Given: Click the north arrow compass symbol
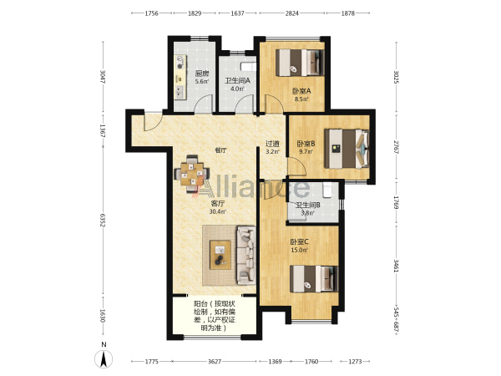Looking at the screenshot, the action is tap(104, 358).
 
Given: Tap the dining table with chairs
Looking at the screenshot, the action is tap(192, 174).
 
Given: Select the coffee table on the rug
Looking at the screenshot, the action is tap(220, 255).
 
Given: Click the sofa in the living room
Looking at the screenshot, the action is tap(245, 255).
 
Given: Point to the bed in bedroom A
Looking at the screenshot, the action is tap(300, 63).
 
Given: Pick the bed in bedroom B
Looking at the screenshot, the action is tap(347, 149).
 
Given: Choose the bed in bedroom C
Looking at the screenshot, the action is tap(314, 279).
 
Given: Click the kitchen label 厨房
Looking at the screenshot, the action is tap(202, 74).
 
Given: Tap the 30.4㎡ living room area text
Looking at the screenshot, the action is tap(218, 211).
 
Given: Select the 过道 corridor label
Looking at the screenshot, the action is tap(272, 145).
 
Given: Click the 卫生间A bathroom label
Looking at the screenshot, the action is tap(237, 81).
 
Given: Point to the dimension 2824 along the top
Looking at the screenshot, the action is tap(291, 13).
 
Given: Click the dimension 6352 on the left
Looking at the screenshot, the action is tap(103, 221).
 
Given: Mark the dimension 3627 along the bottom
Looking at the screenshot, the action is tap(215, 361).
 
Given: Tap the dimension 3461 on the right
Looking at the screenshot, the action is tap(396, 266).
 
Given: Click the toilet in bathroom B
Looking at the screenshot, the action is tap(327, 190).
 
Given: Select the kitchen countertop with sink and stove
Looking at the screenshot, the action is tap(180, 77).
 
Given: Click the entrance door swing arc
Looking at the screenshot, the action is tap(154, 123).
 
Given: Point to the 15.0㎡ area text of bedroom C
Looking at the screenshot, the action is tap(299, 250).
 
